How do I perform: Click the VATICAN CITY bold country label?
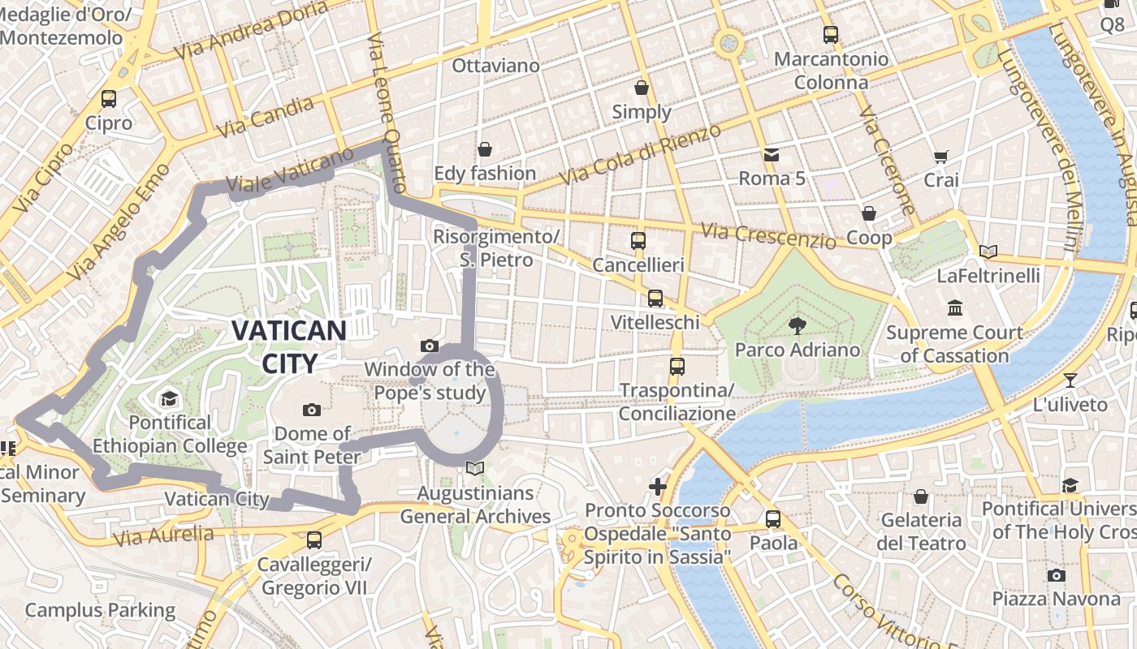coord(289,346)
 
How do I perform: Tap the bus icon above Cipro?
coord(109,99)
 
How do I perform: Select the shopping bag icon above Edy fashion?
coord(485,149)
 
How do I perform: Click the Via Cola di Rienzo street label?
coord(641,154)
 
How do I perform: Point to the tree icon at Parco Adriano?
coord(797,325)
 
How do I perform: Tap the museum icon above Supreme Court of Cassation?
coord(955,308)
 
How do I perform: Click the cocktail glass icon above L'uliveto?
coord(1070,380)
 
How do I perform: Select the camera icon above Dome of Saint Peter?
coord(311,410)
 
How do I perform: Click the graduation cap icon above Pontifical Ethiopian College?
coord(169,398)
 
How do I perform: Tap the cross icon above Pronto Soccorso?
coord(658,487)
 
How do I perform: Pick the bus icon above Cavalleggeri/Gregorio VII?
coord(314,539)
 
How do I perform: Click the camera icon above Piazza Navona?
coord(1056,575)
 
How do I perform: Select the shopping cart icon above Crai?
coord(941,157)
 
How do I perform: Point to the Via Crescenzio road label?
coord(767,236)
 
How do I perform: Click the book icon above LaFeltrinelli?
coord(988,251)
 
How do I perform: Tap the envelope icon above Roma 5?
coord(771,154)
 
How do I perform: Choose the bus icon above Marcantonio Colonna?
coord(831,35)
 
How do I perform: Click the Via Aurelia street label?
coord(164,535)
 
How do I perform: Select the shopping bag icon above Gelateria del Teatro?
coord(921,496)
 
